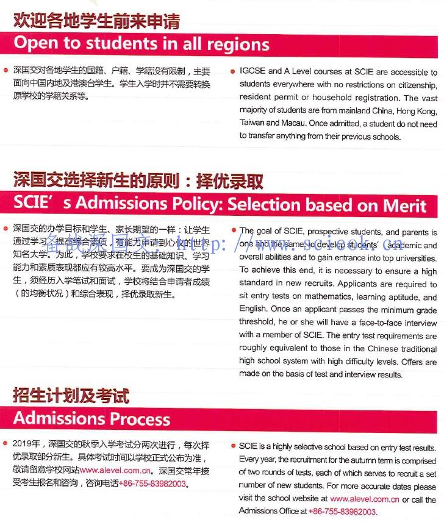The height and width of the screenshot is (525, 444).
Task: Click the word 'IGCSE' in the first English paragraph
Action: click(x=252, y=72)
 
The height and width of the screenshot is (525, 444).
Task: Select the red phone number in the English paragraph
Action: click(x=342, y=512)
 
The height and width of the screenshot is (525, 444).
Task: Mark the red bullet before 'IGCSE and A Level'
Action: click(x=233, y=72)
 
